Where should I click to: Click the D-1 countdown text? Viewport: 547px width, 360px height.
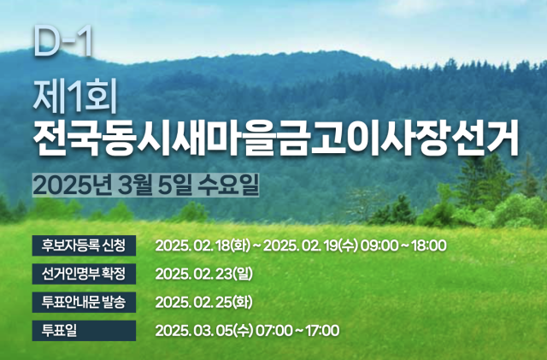[x=63, y=41]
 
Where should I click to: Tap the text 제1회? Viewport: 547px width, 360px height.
[x=75, y=97]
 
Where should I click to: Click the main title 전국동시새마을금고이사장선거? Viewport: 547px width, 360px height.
[x=276, y=139]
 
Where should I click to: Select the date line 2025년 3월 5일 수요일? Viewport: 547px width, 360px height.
[x=146, y=185]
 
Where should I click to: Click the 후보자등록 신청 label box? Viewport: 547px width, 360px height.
[x=84, y=245]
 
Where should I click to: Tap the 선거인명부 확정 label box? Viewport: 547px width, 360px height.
[x=84, y=274]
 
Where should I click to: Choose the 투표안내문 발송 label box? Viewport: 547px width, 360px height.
[x=84, y=302]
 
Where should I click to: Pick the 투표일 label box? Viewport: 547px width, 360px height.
[x=84, y=330]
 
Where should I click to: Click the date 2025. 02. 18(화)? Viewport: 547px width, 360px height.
[x=203, y=245]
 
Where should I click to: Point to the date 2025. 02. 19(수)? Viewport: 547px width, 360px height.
[x=311, y=245]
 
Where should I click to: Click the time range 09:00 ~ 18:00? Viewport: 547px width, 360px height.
[x=403, y=245]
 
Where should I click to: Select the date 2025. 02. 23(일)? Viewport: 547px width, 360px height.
[x=204, y=274]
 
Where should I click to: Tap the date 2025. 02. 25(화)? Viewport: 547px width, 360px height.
[x=204, y=303]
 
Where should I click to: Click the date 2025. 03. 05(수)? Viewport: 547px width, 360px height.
[x=204, y=331]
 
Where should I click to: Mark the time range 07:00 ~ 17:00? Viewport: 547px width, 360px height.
[x=297, y=331]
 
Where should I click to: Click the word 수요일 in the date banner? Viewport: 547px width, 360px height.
[x=228, y=185]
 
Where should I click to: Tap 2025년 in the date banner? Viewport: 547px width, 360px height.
[x=73, y=185]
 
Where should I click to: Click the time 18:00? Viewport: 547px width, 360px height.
[x=429, y=245]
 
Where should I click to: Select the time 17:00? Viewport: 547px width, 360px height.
[x=323, y=331]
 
